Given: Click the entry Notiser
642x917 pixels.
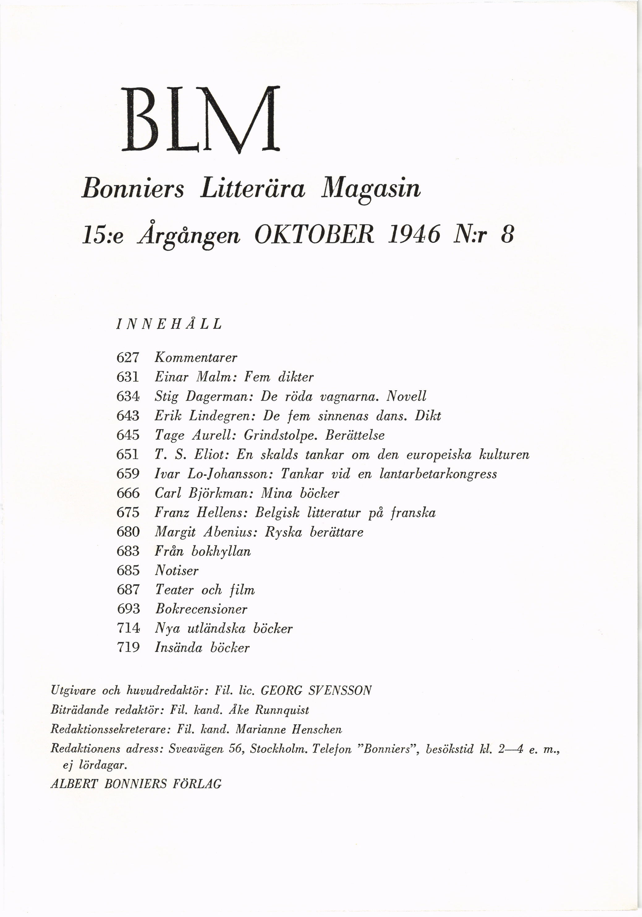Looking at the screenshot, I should pos(176,570).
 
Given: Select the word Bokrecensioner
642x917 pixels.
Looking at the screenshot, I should pos(201,609).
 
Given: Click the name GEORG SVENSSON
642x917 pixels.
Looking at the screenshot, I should pos(316,690).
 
